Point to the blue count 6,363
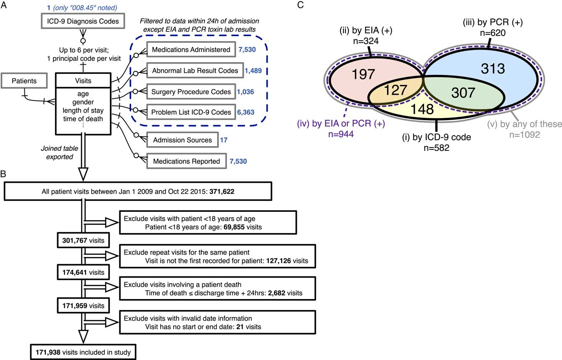pos(253,112)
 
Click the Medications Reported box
pos(186,161)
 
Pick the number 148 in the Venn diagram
pos(428,109)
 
